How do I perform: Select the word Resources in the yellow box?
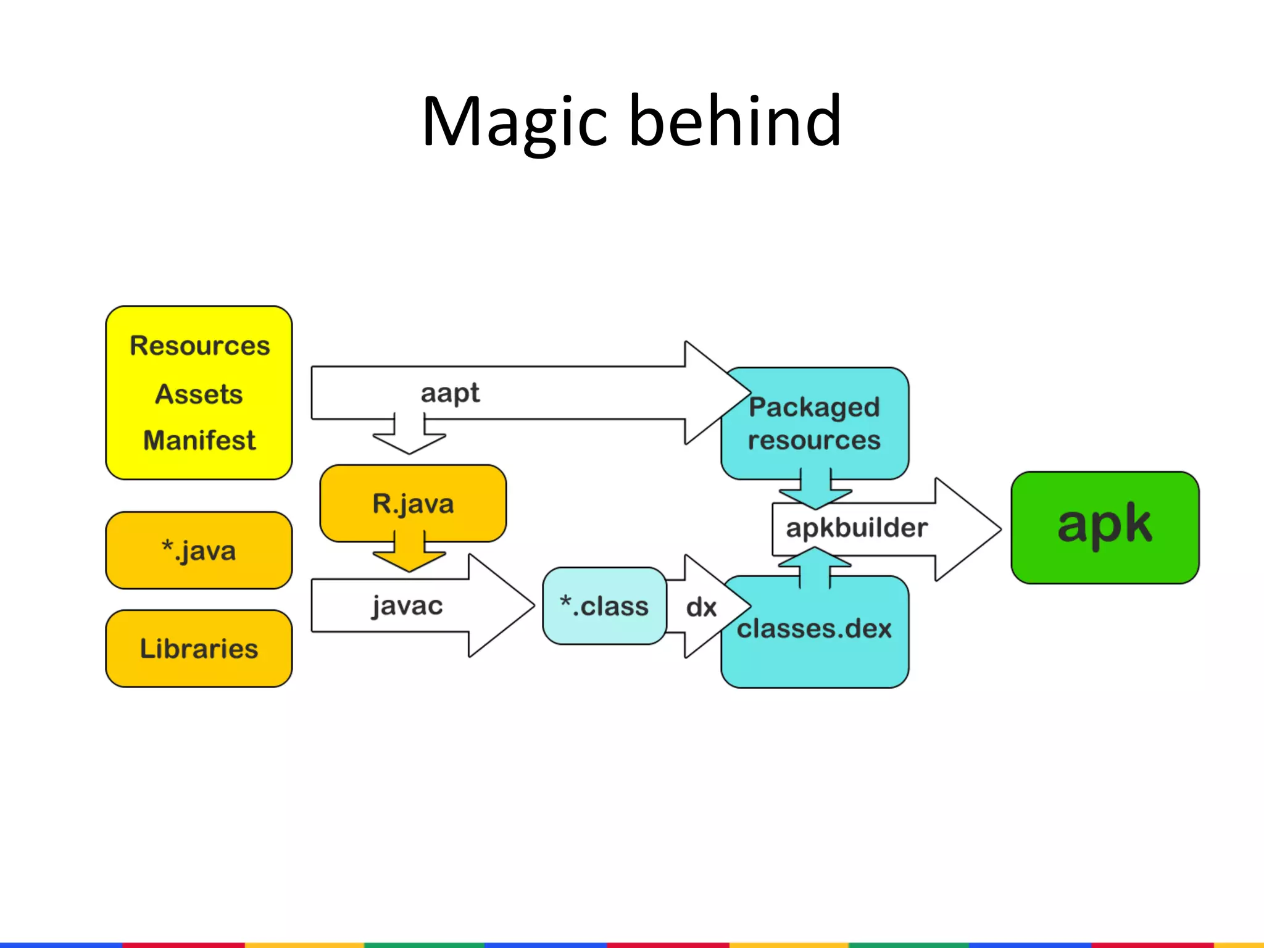[x=199, y=346]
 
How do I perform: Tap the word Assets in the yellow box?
[x=199, y=394]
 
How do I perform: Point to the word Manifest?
[x=199, y=441]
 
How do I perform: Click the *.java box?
[x=199, y=550]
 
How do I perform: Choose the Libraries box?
[x=199, y=649]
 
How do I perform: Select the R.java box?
[x=413, y=504]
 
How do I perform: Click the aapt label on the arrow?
[x=450, y=393]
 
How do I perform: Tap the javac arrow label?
[x=407, y=605]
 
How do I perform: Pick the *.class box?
[x=604, y=606]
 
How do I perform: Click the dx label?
[x=701, y=607]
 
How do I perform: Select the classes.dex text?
[x=814, y=629]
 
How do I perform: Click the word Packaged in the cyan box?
[x=814, y=407]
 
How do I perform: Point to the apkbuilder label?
[x=857, y=528]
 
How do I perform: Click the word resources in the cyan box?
[x=814, y=441]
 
